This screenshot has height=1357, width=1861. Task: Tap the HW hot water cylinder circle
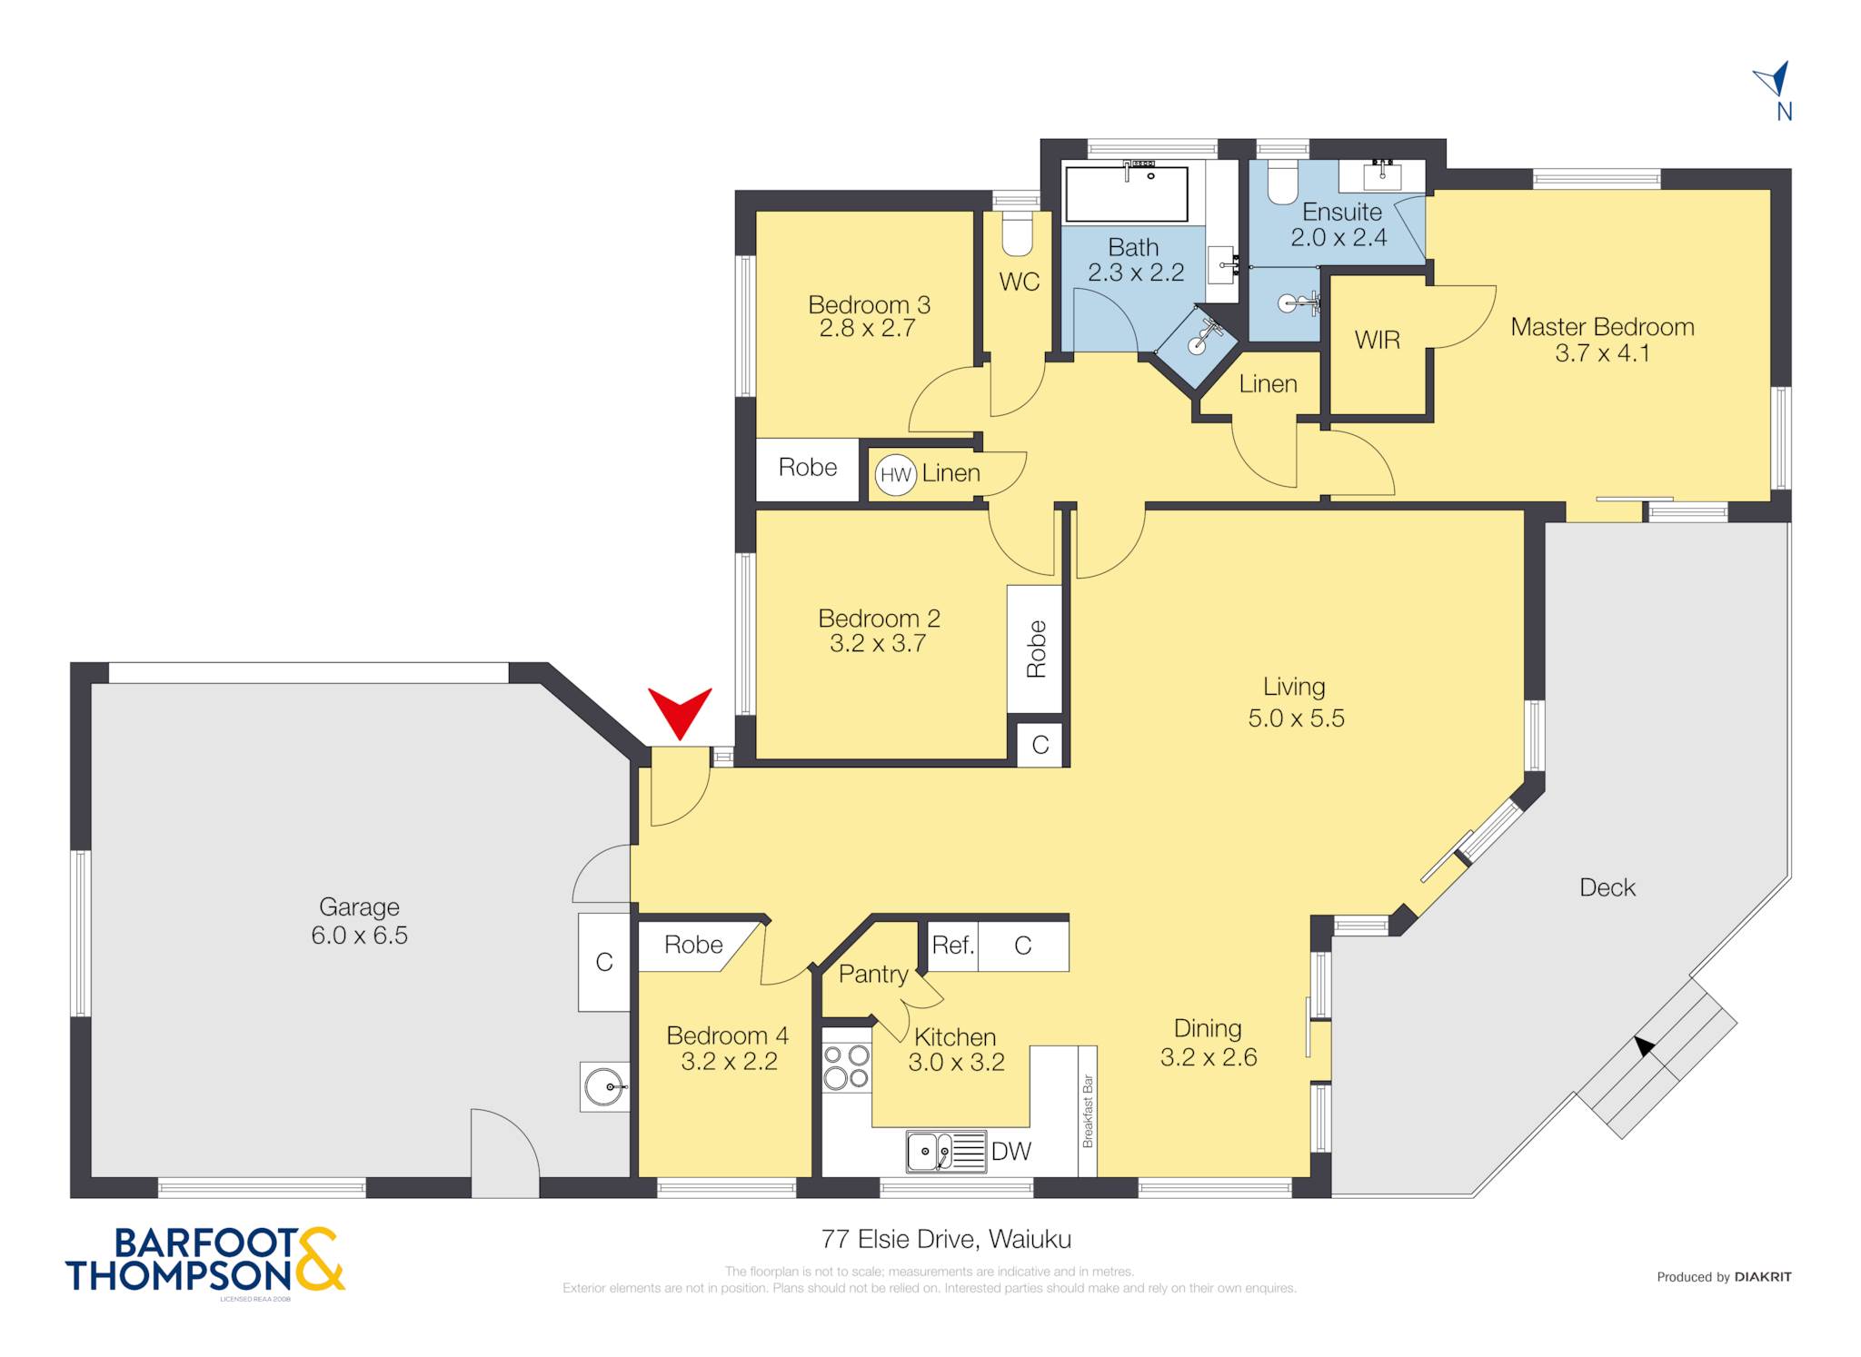coord(896,474)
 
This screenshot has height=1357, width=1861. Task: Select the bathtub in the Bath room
coord(1127,193)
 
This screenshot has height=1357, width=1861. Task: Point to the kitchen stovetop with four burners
coord(847,1067)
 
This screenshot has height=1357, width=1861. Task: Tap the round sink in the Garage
coord(604,1087)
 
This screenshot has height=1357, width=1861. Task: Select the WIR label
coord(1377,340)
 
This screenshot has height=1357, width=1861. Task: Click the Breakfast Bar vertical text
coord(1088,1111)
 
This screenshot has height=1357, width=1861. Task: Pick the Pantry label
coord(873,975)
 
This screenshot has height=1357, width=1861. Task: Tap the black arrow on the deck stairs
coord(1644,1046)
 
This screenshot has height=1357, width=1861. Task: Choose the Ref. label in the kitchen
coord(953,946)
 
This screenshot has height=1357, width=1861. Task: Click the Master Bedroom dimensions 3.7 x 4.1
coord(1602,353)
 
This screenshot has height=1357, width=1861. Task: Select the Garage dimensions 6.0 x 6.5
coord(359,935)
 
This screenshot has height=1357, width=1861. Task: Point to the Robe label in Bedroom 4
coord(693,945)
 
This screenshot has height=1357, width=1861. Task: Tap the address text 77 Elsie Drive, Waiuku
coord(946,1239)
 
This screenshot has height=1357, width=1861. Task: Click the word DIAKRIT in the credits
coord(1763,1276)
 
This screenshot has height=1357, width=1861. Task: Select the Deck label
coord(1607,887)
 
